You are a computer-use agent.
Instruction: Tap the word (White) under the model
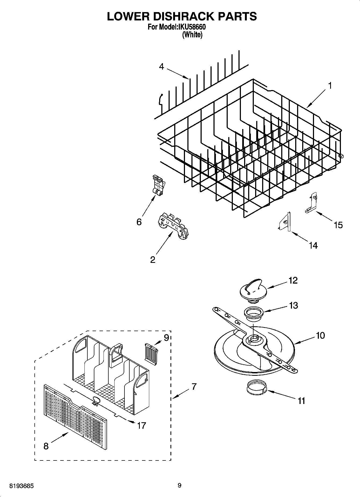[192, 35]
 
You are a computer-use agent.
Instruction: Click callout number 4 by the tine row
[161, 66]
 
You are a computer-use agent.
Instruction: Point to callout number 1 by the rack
[330, 86]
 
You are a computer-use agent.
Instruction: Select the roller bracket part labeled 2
[173, 225]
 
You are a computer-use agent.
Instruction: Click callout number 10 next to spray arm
[320, 335]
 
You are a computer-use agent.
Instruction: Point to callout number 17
[141, 426]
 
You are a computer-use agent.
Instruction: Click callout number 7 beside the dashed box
[194, 387]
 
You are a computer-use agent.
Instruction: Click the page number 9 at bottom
[180, 485]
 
